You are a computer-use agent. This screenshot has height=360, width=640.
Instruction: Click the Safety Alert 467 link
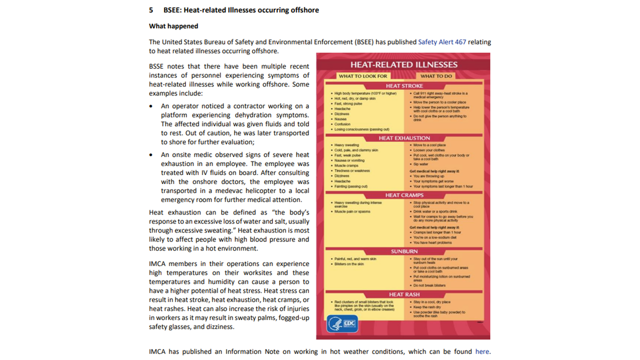442,42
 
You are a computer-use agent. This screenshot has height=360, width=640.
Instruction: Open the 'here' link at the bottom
482,351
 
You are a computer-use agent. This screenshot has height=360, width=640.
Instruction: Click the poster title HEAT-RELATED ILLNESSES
403,64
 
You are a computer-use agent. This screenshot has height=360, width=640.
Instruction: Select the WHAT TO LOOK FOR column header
362,76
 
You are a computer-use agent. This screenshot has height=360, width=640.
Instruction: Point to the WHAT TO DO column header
436,76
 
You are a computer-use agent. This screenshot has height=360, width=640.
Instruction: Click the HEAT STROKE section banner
404,86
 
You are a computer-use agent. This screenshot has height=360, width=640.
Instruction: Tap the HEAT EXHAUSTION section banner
404,138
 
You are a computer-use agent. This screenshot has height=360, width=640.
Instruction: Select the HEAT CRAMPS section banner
404,195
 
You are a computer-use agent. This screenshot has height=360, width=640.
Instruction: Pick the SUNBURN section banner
404,251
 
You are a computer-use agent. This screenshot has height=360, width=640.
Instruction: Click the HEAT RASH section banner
404,294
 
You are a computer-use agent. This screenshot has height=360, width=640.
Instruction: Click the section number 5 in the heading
151,10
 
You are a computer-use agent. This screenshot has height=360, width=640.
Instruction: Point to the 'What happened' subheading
173,26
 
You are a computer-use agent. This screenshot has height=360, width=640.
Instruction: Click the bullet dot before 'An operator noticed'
151,106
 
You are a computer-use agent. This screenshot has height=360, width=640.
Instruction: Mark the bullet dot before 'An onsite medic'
151,155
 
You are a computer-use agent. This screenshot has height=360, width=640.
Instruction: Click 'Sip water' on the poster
420,164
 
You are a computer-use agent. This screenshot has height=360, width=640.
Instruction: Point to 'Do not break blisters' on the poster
429,285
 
